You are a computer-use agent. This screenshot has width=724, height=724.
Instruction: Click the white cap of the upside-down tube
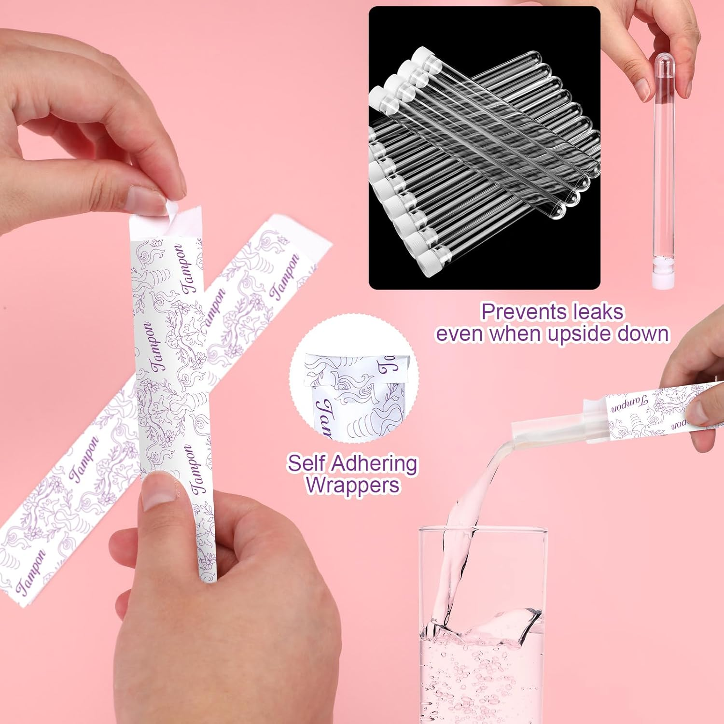point(663,278)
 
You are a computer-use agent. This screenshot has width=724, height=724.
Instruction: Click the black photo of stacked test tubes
point(484,148)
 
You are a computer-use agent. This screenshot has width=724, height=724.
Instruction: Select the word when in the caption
point(515,334)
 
